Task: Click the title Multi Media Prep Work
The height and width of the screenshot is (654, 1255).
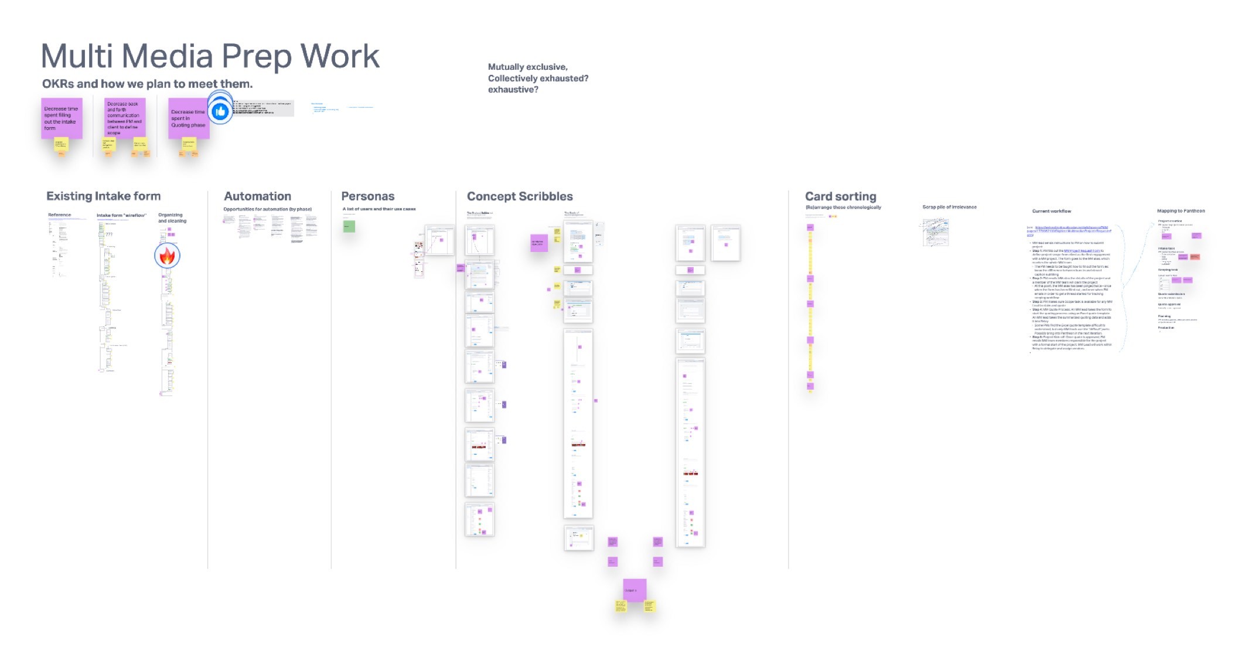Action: coord(210,56)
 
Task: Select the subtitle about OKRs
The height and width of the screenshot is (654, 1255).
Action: coord(147,84)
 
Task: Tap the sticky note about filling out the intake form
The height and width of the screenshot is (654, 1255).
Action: coord(62,118)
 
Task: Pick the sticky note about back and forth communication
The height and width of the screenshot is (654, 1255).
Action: coord(124,118)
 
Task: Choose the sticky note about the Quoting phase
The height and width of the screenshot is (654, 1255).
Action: coord(187,120)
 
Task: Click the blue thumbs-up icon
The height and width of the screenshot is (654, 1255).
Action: coord(220,111)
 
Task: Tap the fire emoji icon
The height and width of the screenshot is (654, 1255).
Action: coord(167,256)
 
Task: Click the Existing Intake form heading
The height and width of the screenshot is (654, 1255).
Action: coord(103,196)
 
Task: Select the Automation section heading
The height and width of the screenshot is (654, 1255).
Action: coord(257,196)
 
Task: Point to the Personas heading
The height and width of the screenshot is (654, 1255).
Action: coord(367,196)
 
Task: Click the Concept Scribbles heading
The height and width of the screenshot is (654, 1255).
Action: coord(520,196)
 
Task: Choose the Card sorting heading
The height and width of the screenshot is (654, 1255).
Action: coord(840,196)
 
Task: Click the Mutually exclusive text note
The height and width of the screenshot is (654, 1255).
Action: coord(537,78)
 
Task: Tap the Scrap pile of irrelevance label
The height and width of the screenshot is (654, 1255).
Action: coord(949,207)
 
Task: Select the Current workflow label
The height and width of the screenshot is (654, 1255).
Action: coord(1051,211)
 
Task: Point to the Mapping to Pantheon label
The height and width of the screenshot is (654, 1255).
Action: coord(1181,211)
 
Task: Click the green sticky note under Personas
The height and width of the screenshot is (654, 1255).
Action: coord(349,226)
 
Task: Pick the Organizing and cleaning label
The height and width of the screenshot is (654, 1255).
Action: coord(172,218)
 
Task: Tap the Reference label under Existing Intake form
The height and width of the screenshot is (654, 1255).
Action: coord(59,215)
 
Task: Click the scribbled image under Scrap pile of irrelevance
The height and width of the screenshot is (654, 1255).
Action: coord(936,233)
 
